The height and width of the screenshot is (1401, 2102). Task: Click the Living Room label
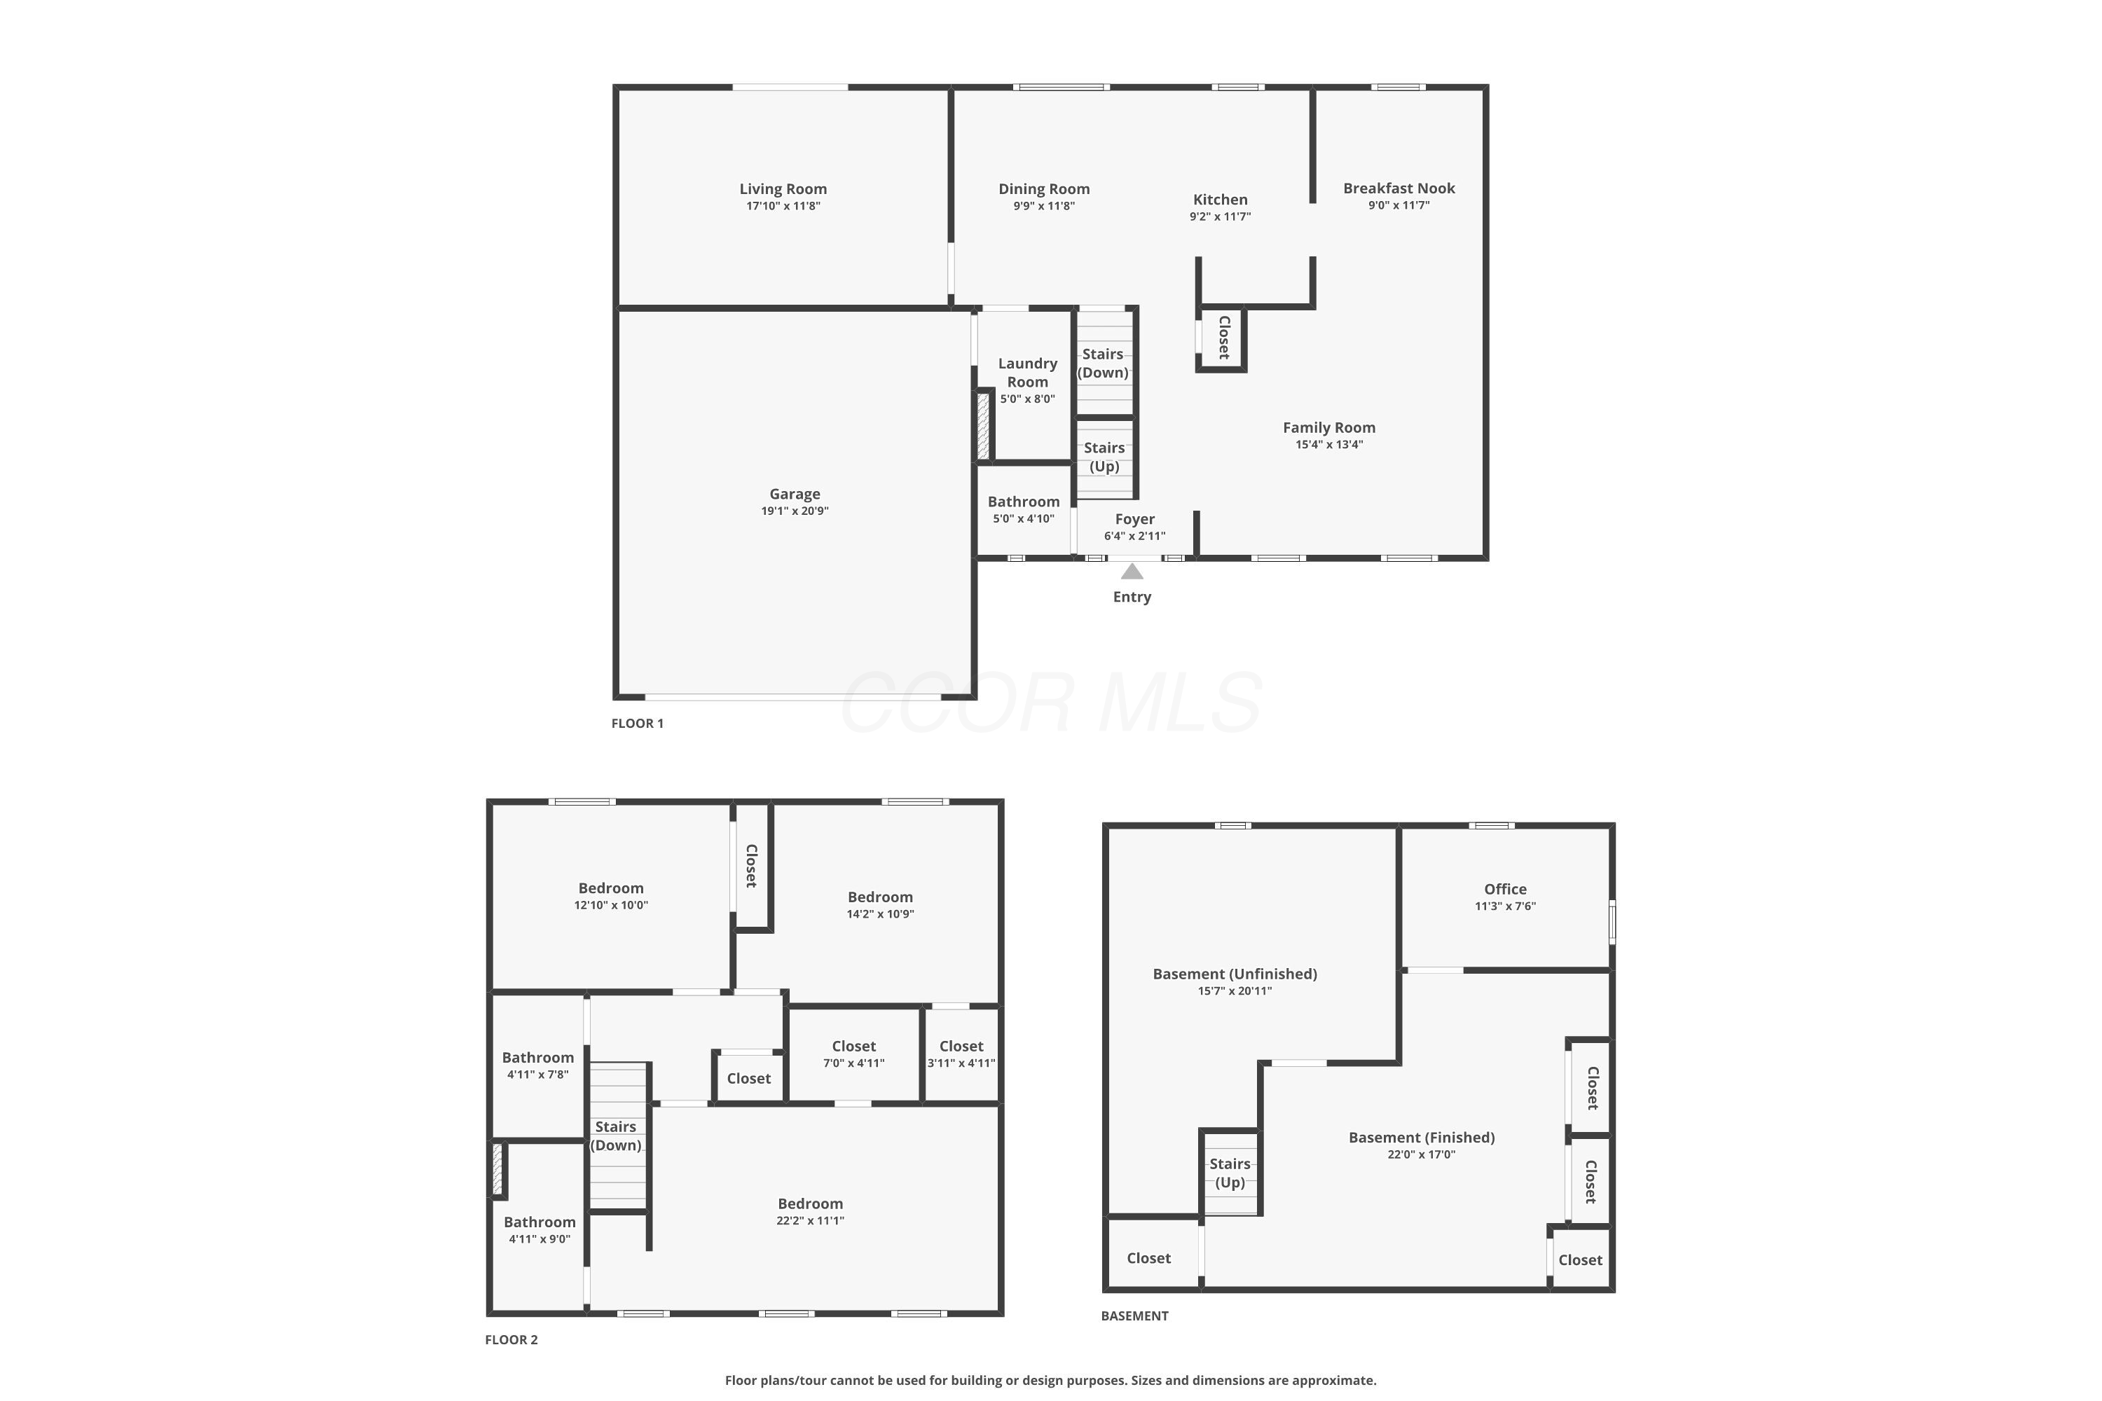[x=783, y=188]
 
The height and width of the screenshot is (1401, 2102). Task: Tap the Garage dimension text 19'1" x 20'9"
[x=795, y=511]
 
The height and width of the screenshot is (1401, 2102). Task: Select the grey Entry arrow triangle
[x=1132, y=572]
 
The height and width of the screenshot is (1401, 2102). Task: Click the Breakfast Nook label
[x=1399, y=188]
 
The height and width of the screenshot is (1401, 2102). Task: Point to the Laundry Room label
[x=1027, y=372]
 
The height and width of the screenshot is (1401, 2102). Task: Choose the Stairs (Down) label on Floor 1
[x=1103, y=363]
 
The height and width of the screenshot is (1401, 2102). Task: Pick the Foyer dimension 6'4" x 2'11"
[x=1134, y=536]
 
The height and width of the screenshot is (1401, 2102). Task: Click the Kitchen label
[x=1220, y=199]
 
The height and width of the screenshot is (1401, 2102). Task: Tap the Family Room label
[x=1329, y=427]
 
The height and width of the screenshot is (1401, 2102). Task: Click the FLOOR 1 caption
[x=637, y=723]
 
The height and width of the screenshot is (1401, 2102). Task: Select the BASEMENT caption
[x=1134, y=1316]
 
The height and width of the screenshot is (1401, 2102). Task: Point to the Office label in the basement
[x=1505, y=889]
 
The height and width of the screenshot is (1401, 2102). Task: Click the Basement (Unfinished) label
[x=1234, y=974]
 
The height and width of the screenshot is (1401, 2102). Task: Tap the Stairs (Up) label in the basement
[x=1230, y=1172]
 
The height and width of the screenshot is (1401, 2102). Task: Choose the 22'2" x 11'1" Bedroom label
[x=810, y=1203]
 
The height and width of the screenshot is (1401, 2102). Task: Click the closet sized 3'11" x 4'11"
[x=961, y=1047]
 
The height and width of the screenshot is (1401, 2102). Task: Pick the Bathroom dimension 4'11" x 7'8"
[x=537, y=1075]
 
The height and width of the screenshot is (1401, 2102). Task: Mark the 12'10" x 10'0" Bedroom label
[x=610, y=888]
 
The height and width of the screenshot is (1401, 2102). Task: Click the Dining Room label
[x=1044, y=188]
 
